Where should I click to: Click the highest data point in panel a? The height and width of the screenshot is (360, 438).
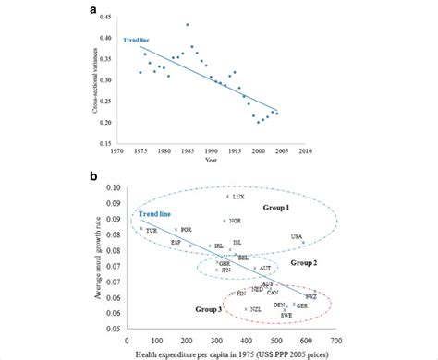click(x=188, y=51)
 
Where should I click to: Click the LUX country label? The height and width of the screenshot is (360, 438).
click(x=238, y=197)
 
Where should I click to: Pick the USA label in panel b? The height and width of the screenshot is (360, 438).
click(x=297, y=237)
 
